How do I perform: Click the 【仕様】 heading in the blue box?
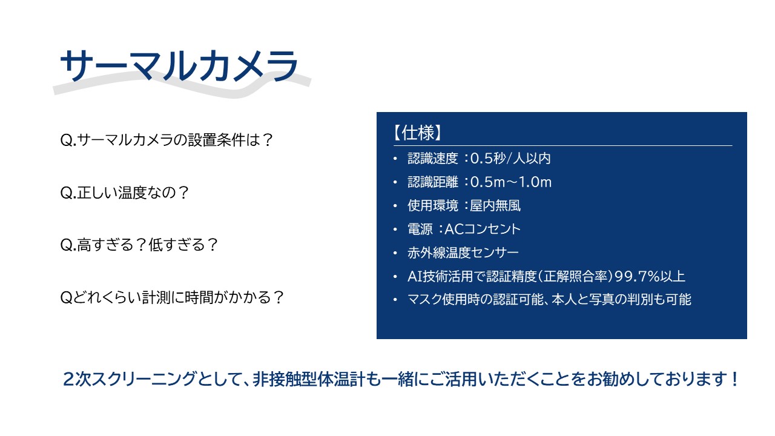(418, 133)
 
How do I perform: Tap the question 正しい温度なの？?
(125, 193)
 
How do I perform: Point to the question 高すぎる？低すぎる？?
(139, 245)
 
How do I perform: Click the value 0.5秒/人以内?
(510, 159)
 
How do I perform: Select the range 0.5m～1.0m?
(511, 182)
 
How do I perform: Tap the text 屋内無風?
(495, 205)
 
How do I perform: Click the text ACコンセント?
(483, 229)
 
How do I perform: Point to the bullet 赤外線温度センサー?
(463, 253)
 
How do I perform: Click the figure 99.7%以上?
(650, 276)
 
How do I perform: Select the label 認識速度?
(433, 159)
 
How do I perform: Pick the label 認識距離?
(433, 182)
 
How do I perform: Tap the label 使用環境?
(433, 205)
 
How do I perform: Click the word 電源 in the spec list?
(420, 229)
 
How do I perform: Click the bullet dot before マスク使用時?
(395, 300)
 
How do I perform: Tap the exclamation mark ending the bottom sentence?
(734, 379)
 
